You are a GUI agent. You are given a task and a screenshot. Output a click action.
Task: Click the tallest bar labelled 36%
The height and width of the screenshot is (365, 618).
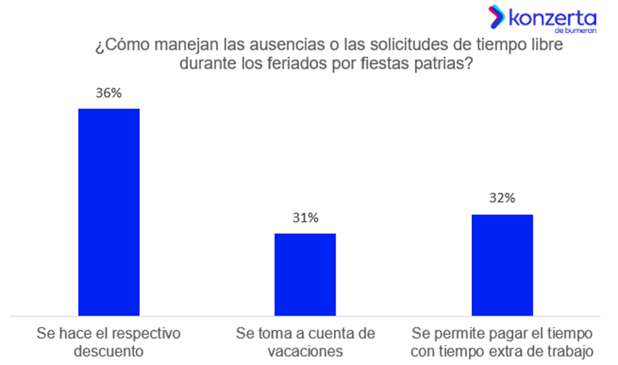[x=108, y=211]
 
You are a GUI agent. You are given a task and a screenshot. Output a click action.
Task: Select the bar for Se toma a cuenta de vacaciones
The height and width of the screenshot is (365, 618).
[x=305, y=273]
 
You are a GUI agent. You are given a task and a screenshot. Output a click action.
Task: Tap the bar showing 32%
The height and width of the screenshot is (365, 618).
[x=502, y=264]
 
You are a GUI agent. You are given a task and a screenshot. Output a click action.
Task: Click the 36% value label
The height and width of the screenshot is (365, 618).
[x=108, y=92]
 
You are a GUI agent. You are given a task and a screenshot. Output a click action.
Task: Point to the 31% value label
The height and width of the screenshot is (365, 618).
[x=305, y=217]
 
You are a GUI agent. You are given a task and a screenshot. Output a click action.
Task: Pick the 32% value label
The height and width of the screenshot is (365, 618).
[x=502, y=198]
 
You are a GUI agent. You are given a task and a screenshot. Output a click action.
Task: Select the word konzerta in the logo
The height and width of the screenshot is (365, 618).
[x=549, y=16]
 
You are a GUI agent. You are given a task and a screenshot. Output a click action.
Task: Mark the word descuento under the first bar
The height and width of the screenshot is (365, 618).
[x=108, y=351]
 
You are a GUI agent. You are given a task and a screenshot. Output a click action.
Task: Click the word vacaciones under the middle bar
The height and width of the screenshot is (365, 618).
[x=305, y=351]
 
